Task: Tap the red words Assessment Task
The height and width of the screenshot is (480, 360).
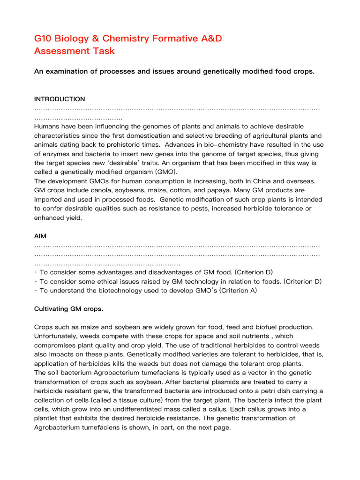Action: [x=75, y=51]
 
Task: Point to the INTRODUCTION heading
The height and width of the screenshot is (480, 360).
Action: [x=60, y=99]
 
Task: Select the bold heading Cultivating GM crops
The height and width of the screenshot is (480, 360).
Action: [x=69, y=309]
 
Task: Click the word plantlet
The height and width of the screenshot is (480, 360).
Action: [x=48, y=419]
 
